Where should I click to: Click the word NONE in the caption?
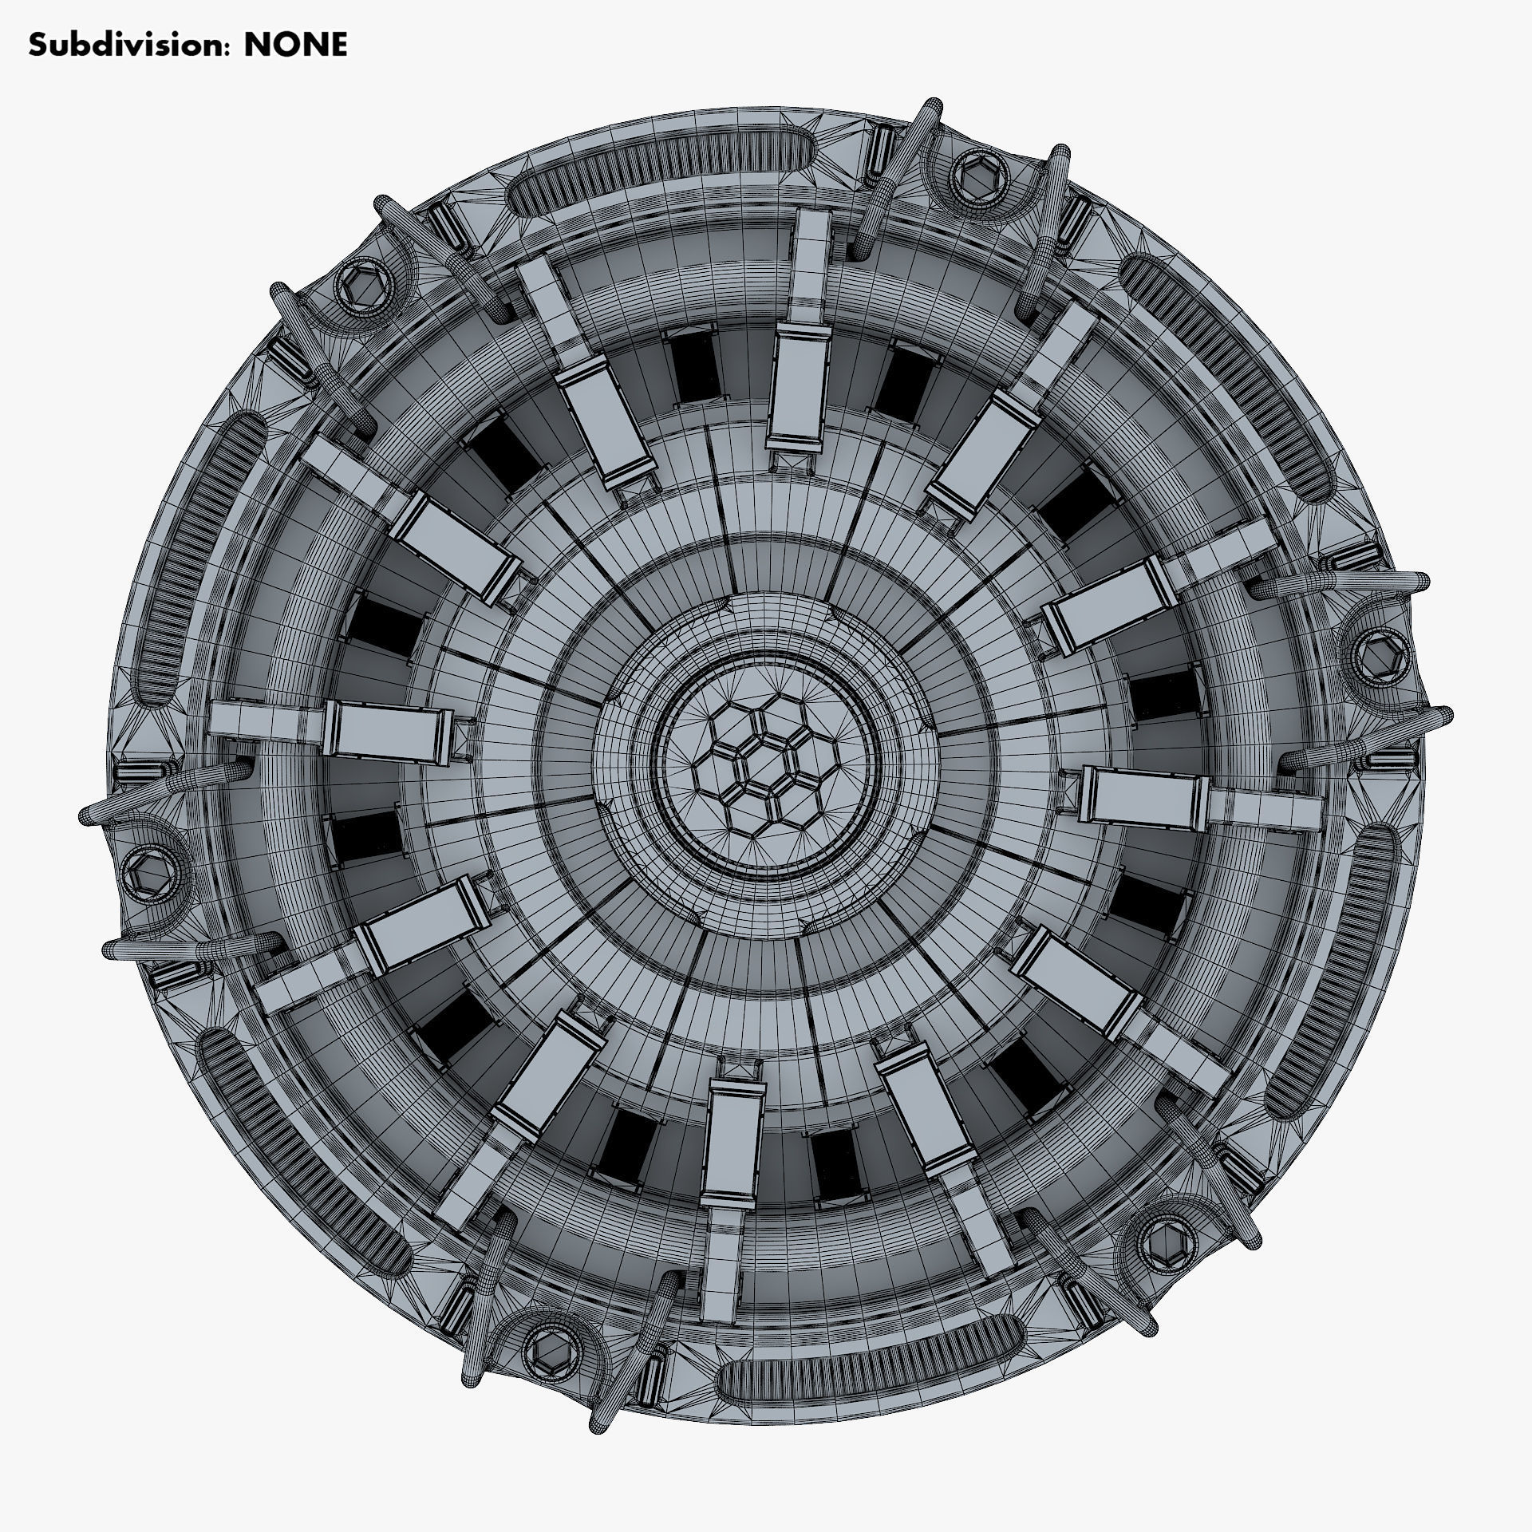(x=295, y=45)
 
